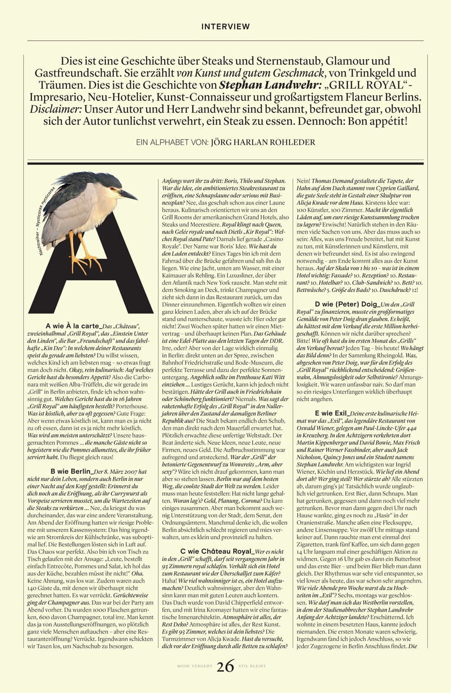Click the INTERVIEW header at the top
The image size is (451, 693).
click(225, 27)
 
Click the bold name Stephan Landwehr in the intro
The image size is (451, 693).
click(261, 85)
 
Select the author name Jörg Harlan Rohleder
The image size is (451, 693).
click(263, 142)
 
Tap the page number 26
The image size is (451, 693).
click(225, 666)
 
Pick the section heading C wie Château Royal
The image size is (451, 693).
click(217, 552)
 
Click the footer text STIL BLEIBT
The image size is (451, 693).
click(252, 667)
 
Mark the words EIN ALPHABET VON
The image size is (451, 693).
click(173, 142)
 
